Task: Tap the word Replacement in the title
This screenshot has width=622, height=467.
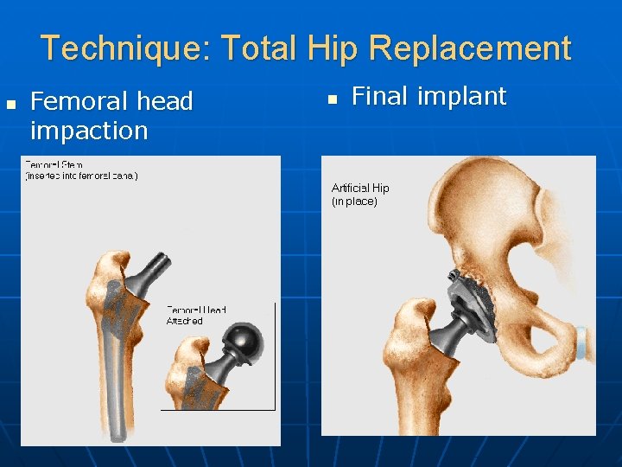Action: click(469, 48)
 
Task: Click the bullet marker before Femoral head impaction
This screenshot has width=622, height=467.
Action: click(11, 104)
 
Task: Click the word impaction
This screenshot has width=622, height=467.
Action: click(89, 131)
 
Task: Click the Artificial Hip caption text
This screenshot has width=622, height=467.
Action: click(360, 188)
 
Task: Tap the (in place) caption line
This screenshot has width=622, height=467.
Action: click(354, 202)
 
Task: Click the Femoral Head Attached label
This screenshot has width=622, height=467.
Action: click(196, 315)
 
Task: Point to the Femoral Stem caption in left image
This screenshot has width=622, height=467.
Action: click(81, 170)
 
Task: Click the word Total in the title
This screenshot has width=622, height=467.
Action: click(257, 48)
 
